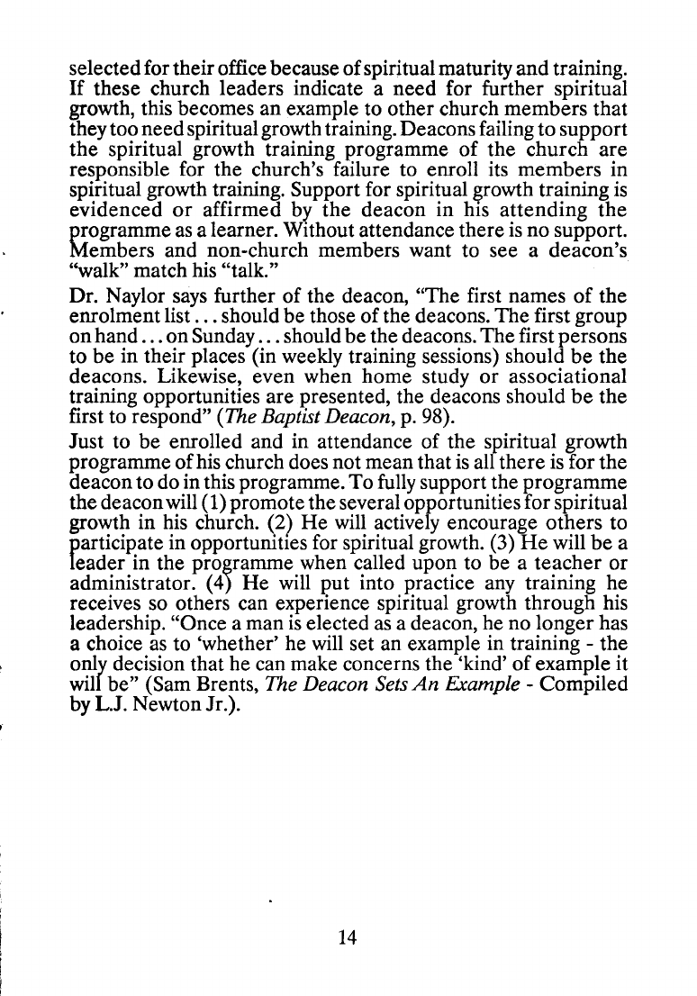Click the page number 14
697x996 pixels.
(x=348, y=937)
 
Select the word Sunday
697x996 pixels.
(x=237, y=331)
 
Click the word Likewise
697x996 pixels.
(x=177, y=369)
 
